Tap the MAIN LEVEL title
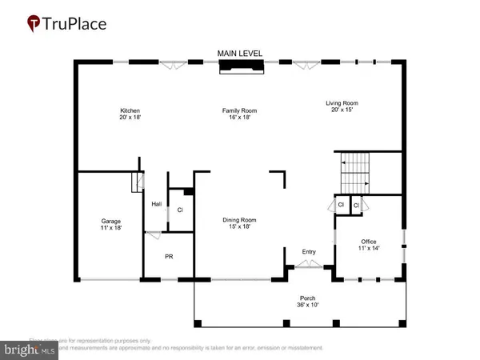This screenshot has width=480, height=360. [x=240, y=54]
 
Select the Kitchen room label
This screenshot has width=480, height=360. [x=130, y=110]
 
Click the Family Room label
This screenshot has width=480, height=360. [x=240, y=110]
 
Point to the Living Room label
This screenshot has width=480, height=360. [x=341, y=102]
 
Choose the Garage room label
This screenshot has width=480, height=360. [x=110, y=221]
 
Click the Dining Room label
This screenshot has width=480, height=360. [x=238, y=219]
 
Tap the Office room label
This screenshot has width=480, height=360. [x=369, y=242]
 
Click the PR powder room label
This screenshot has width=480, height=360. [x=168, y=258]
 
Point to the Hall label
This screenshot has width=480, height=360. [x=157, y=204]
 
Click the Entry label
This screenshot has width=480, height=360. [x=309, y=252]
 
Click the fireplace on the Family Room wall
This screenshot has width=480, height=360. [x=241, y=70]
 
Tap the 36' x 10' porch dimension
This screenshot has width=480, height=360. [x=307, y=304]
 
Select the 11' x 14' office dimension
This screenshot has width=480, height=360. [x=369, y=249]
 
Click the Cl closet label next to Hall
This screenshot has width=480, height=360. [x=180, y=210]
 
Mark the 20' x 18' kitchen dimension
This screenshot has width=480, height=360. [x=130, y=117]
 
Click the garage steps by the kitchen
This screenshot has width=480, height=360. [x=136, y=186]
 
